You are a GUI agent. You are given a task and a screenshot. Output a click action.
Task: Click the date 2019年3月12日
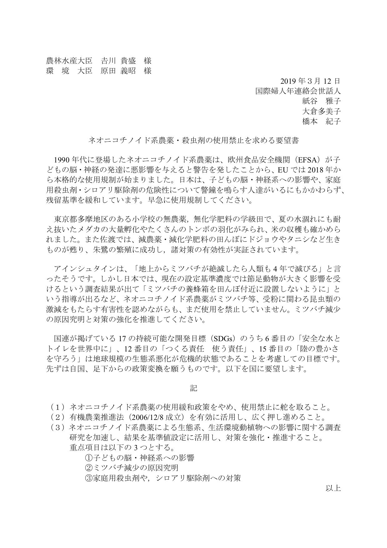(310, 81)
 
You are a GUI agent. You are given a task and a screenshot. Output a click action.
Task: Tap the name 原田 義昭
(118, 71)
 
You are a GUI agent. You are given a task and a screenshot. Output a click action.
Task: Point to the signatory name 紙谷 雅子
(321, 101)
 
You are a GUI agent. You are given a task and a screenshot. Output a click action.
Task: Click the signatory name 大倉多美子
(321, 111)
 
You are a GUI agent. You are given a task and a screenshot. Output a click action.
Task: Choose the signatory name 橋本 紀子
(321, 122)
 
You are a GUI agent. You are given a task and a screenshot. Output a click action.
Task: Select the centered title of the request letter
(194, 141)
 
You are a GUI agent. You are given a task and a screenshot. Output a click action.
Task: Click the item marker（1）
(57, 407)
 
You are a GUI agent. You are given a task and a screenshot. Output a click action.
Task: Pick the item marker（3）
(57, 427)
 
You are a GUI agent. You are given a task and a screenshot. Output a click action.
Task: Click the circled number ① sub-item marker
(88, 458)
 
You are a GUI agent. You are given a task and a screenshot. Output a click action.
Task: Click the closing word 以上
(333, 488)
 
